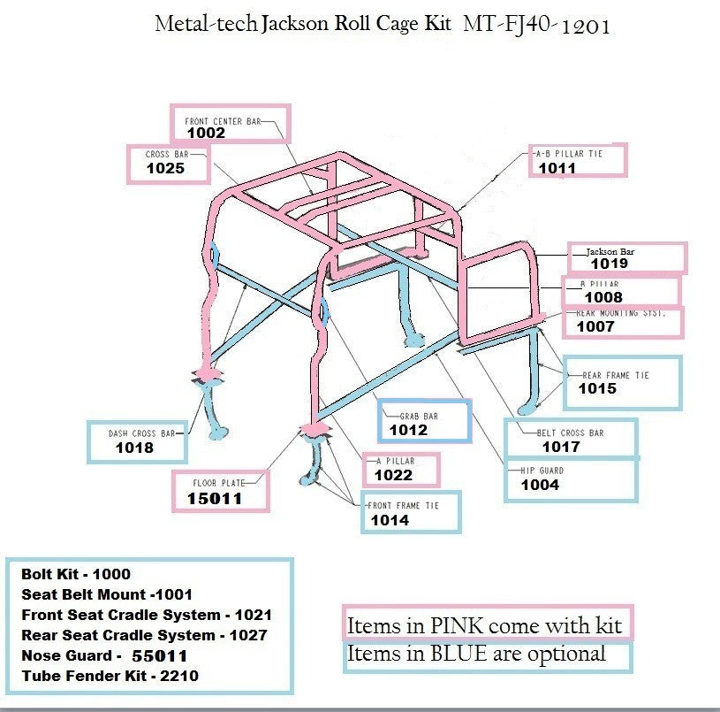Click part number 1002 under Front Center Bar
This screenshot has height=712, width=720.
point(206,134)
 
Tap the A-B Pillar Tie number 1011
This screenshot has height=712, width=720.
point(557,168)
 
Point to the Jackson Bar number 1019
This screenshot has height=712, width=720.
point(609,264)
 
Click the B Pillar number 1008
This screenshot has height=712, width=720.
point(603,298)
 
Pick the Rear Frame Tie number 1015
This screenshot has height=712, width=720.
point(597,388)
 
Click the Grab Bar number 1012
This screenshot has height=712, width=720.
point(408,430)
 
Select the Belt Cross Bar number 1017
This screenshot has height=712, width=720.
point(560,447)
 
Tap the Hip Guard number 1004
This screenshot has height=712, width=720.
point(539,485)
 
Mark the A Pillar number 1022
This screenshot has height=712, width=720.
point(393,476)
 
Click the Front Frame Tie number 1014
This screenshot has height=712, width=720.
point(390,520)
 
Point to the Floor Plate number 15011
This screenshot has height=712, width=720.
point(214,499)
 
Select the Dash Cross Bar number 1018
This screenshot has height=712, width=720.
point(134,448)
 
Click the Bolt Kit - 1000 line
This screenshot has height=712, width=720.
point(76,574)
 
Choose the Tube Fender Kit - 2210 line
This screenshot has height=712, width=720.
point(110,677)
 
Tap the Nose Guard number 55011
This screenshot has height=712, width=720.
point(159,656)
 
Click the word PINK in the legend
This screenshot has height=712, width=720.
point(453,626)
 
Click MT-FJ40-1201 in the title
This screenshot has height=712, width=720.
point(536,26)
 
